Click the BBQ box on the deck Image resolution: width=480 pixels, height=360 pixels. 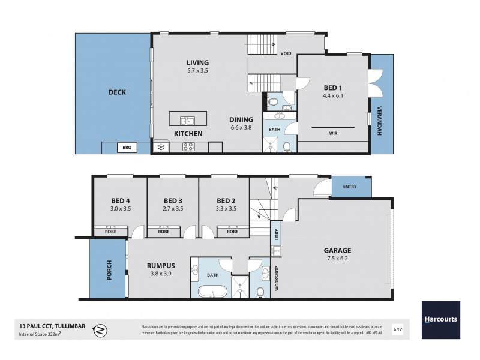[x=126, y=146]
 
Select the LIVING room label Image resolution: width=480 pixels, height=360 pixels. [x=197, y=62]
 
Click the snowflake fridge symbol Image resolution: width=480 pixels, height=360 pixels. [x=160, y=146]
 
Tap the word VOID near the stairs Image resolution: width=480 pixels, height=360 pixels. [x=286, y=53]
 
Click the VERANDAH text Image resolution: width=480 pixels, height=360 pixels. [x=380, y=122]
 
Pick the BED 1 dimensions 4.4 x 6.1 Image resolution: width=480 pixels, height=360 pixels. [x=334, y=95]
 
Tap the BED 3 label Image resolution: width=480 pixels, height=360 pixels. [x=173, y=200]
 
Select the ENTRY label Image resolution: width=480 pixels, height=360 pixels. [x=350, y=187]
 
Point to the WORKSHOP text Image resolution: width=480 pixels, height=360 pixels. [x=277, y=279]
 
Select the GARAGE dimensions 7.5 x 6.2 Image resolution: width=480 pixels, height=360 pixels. [x=339, y=259]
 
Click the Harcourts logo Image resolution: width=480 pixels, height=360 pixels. [x=440, y=319]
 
